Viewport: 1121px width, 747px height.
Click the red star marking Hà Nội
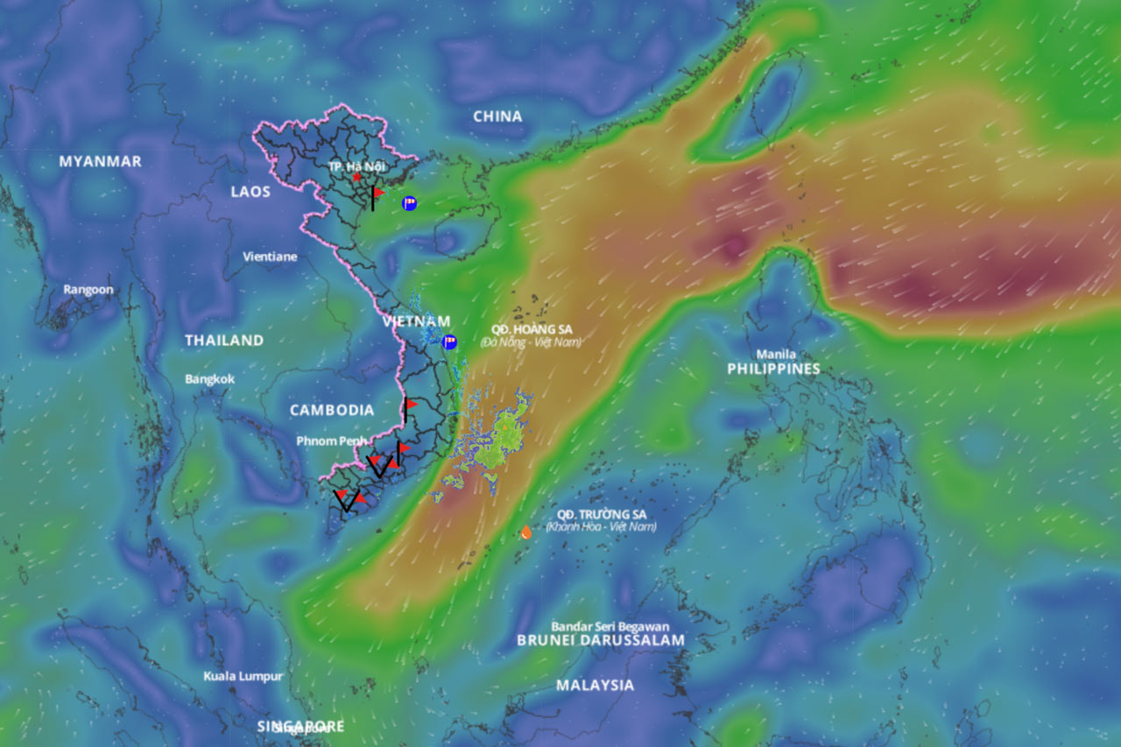coord(357,178)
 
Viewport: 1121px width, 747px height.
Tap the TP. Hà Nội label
coord(356,166)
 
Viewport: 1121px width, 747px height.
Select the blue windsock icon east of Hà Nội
coord(409,203)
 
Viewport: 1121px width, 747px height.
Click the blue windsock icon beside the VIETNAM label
coord(450,342)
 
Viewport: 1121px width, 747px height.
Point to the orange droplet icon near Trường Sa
coord(525,532)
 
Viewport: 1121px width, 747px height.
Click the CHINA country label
coord(497,116)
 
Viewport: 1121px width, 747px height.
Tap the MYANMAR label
coord(100,162)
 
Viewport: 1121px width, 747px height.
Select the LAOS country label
coord(250,192)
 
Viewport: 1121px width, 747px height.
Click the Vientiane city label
coord(270,257)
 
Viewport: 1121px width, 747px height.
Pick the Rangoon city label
coord(88,290)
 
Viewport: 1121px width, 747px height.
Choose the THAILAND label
coord(224,341)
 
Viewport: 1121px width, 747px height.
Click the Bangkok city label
coord(210,379)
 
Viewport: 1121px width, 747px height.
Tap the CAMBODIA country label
coord(332,411)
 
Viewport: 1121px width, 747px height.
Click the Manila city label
coord(776,355)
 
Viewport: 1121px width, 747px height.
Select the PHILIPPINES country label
coord(773,370)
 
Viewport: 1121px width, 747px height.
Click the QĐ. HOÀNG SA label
coord(532,329)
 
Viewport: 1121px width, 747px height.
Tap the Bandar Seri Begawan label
coord(610,627)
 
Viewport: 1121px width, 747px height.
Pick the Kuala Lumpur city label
coord(243,676)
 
